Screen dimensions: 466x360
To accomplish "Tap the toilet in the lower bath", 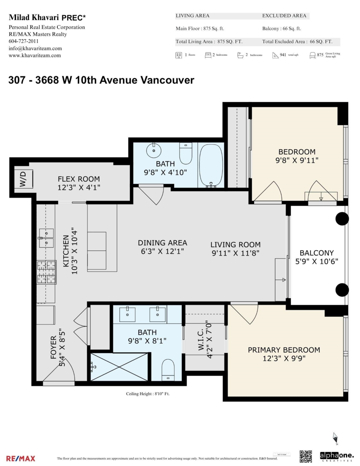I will (168, 369).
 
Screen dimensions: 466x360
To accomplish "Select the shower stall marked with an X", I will (119, 367).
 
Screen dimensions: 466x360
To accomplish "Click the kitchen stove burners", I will (47, 272).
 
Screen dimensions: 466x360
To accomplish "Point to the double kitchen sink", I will (46, 238).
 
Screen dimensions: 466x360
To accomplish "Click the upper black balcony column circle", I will (342, 219).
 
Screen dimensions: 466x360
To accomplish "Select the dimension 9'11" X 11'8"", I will (235, 253).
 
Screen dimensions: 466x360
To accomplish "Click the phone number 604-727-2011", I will (23, 41).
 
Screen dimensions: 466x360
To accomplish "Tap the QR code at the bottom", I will (306, 456).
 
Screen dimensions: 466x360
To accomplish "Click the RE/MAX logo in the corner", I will (21, 459).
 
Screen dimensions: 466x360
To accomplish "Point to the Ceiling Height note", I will (148, 394).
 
